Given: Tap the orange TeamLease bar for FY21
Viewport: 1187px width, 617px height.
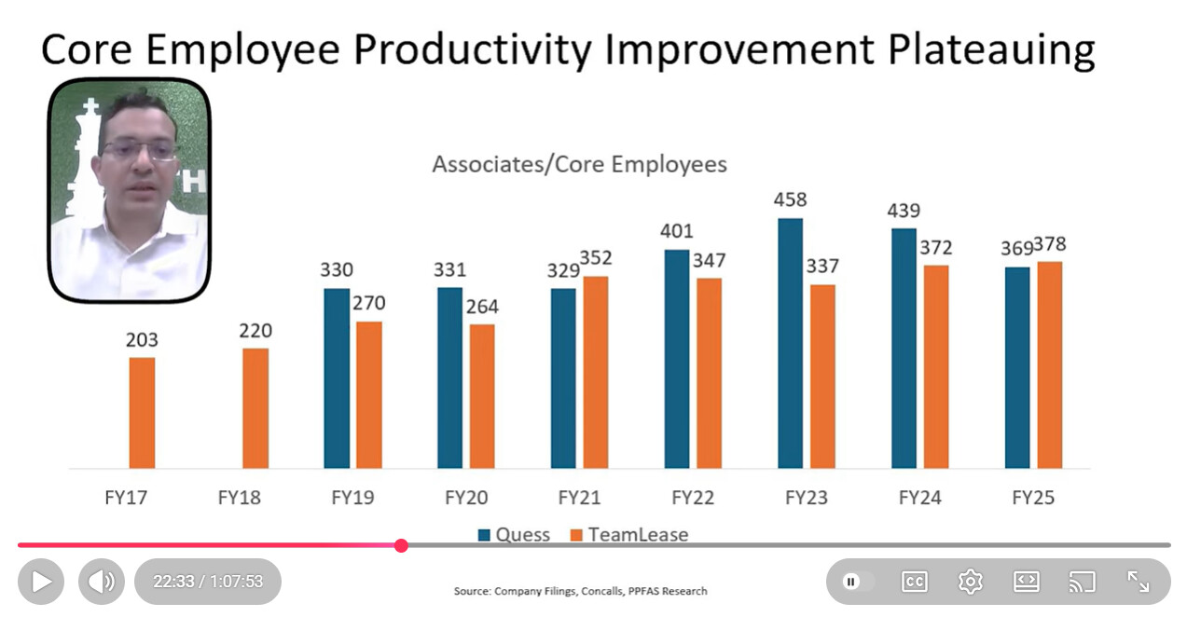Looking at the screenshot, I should click(x=596, y=372).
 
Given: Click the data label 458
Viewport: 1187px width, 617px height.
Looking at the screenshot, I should click(x=790, y=199).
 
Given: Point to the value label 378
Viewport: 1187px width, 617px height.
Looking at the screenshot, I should click(x=1049, y=244).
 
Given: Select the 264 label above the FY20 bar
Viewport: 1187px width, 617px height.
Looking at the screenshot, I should click(x=482, y=306).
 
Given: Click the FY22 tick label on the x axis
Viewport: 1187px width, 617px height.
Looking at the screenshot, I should click(x=693, y=498).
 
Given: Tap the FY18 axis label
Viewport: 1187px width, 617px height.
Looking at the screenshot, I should click(x=240, y=498).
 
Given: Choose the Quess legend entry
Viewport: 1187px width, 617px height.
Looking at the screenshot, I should click(x=514, y=535).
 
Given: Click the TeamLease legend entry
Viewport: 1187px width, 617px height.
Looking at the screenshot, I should click(x=629, y=535).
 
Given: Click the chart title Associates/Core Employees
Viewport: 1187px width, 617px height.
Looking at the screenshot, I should click(x=579, y=165).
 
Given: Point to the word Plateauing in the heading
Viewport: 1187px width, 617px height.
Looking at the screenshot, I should click(x=991, y=49).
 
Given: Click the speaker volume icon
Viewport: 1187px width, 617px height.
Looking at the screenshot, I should click(x=101, y=582).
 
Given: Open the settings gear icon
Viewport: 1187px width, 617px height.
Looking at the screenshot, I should click(x=971, y=582).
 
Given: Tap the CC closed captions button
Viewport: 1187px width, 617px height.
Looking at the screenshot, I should click(x=915, y=582).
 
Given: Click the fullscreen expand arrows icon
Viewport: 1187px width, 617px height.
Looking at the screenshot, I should click(x=1139, y=582).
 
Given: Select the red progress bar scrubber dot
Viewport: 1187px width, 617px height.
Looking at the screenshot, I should click(x=401, y=545).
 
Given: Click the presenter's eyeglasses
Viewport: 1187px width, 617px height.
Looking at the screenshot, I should click(x=139, y=149).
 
